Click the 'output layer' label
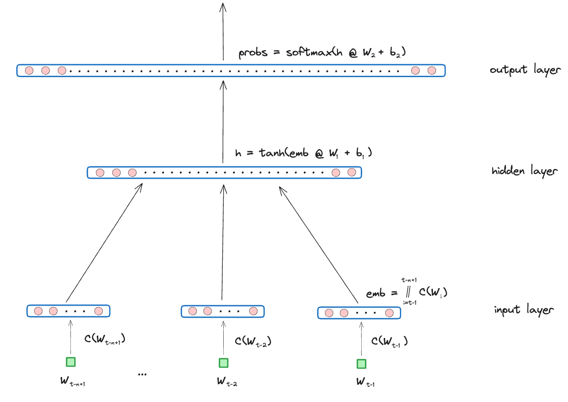(525, 69)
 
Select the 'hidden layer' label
(524, 171)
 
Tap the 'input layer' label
(524, 309)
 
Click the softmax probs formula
(322, 53)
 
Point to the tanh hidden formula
(304, 153)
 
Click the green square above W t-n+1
(70, 362)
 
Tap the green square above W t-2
(224, 362)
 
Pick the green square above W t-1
(361, 363)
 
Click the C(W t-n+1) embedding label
(105, 339)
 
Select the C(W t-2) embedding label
(253, 341)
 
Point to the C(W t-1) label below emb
(390, 341)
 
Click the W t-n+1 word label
(72, 381)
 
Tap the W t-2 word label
(227, 381)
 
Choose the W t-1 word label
(365, 382)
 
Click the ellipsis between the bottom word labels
(142, 375)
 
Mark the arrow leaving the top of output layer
(223, 31)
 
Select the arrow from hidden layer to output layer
(223, 121)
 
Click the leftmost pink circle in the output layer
(29, 71)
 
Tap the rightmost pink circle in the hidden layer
(352, 173)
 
